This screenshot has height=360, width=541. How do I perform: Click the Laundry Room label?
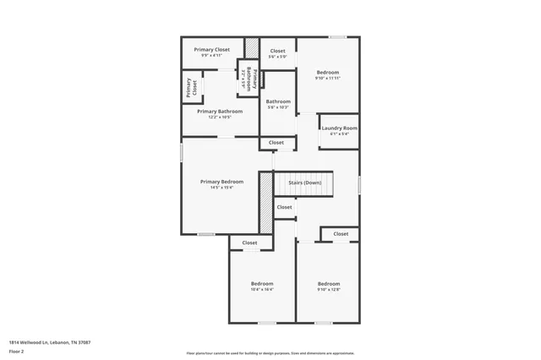pyautogui.click(x=339, y=128)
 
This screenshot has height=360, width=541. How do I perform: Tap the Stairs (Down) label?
pyautogui.click(x=304, y=183)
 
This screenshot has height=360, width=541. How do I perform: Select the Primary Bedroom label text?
pyautogui.click(x=221, y=182)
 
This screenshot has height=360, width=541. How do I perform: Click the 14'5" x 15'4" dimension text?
pyautogui.click(x=221, y=188)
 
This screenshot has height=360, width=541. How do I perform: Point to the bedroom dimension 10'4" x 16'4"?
pyautogui.click(x=261, y=289)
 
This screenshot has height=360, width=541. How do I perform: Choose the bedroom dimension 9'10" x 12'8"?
pyautogui.click(x=328, y=289)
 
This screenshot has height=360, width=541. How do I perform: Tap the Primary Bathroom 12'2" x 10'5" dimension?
pyautogui.click(x=220, y=117)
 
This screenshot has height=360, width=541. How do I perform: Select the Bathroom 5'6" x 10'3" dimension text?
pyautogui.click(x=278, y=107)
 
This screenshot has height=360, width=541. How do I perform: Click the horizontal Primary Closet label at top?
pyautogui.click(x=211, y=50)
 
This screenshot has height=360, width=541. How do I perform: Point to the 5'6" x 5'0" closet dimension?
pyautogui.click(x=277, y=57)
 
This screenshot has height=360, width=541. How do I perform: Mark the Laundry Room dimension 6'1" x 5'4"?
pyautogui.click(x=339, y=134)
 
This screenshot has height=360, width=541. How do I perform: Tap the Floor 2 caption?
pyautogui.click(x=16, y=351)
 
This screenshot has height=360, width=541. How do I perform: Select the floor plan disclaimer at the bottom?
pyautogui.click(x=270, y=352)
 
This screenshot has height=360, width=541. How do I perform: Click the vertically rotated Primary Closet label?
pyautogui.click(x=191, y=86)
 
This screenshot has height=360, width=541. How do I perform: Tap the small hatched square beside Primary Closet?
pyautogui.click(x=251, y=47)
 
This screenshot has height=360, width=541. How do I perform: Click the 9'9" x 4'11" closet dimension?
pyautogui.click(x=211, y=56)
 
